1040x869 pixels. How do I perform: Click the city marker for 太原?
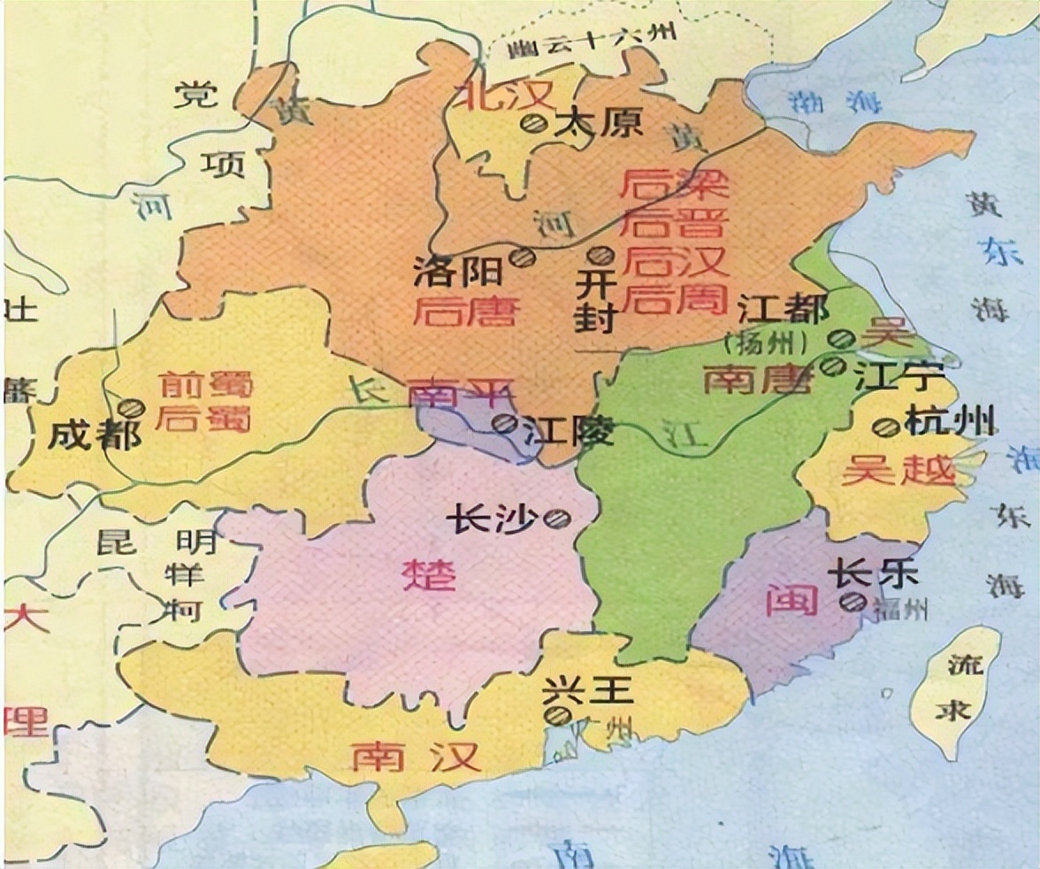(x=531, y=125)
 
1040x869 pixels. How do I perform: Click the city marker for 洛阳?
(x=524, y=257)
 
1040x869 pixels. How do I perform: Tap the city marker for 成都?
(x=133, y=407)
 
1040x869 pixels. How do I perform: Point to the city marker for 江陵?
(x=505, y=423)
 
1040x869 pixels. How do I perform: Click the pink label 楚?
(x=430, y=575)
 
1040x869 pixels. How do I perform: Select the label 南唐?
(x=757, y=380)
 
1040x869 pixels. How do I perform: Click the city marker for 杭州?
(x=883, y=427)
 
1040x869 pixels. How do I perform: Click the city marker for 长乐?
(x=852, y=603)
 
